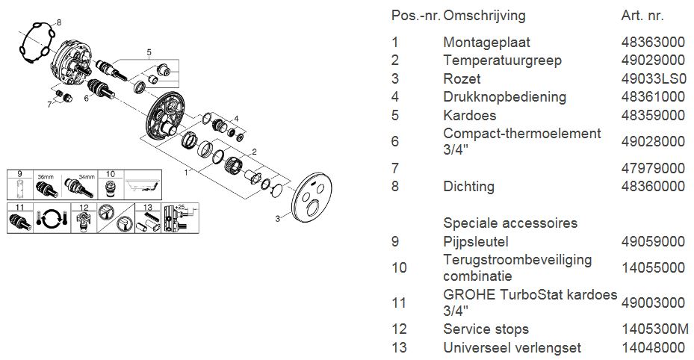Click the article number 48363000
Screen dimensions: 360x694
(653, 43)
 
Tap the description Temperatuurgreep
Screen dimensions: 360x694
(502, 60)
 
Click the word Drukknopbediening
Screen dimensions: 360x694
(504, 96)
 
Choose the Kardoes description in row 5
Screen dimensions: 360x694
(469, 115)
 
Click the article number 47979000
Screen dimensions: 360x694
(653, 168)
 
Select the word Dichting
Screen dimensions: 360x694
(468, 186)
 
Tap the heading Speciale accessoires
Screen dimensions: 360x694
(510, 223)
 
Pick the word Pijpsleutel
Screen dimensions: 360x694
(476, 241)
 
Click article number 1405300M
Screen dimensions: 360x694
(654, 329)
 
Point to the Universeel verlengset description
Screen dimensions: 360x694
(512, 347)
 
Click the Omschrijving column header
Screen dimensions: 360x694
(484, 15)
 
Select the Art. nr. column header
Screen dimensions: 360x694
(642, 15)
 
